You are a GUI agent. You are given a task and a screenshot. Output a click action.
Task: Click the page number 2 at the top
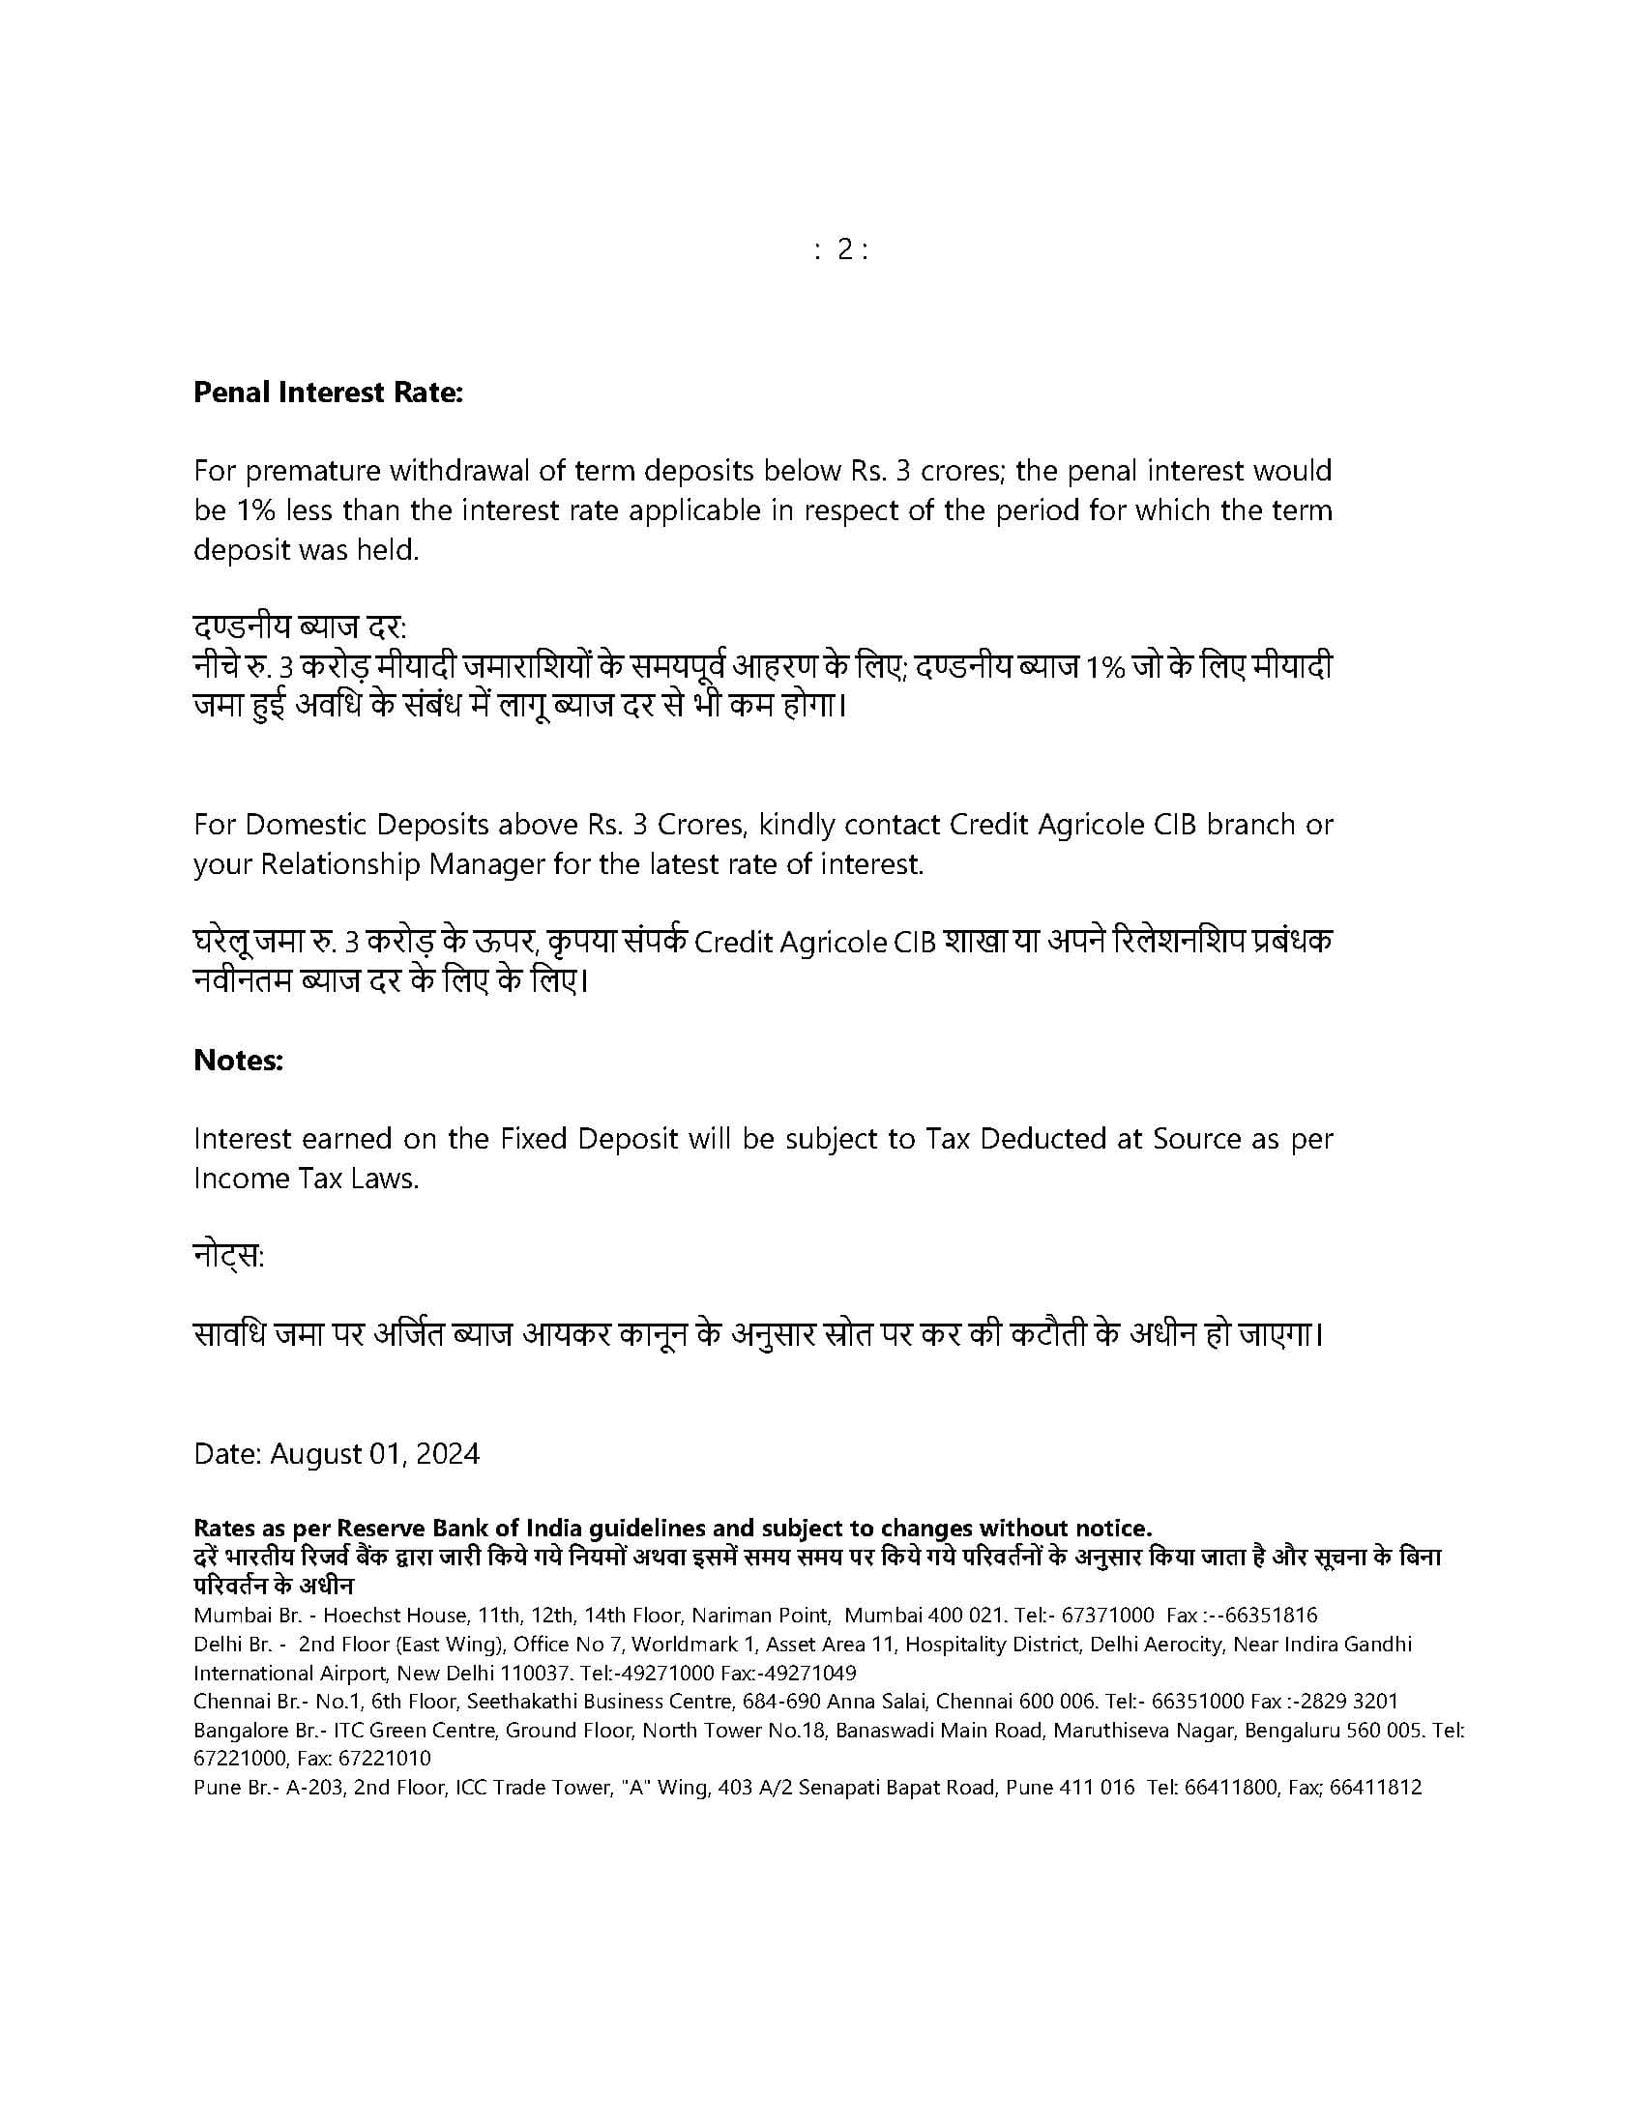[x=843, y=250]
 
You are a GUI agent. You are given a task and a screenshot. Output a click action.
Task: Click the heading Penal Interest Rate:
[x=328, y=393]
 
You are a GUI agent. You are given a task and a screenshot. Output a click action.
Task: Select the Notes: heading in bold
[x=239, y=1060]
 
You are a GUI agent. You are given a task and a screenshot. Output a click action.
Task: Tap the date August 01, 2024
[x=374, y=1453]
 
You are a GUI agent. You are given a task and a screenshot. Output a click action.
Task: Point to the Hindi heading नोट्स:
[x=229, y=1256]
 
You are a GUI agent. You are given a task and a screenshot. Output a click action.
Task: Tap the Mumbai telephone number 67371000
[x=1107, y=1615]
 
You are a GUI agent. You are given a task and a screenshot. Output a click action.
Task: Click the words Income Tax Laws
[x=306, y=1179]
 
